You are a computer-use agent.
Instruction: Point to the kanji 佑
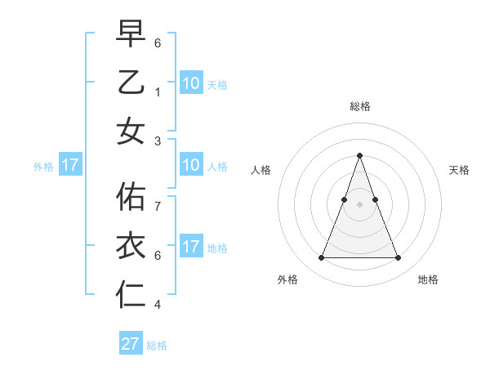click(131, 196)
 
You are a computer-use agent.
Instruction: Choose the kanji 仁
click(131, 294)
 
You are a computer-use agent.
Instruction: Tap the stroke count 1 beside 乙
click(158, 92)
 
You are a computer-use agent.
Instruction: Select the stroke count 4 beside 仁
click(158, 305)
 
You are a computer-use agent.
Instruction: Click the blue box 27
click(131, 344)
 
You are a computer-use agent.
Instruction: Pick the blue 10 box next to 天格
click(190, 83)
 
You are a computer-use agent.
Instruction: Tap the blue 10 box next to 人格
click(190, 166)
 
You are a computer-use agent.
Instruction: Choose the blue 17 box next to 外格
click(70, 166)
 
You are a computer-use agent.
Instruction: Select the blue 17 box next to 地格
click(190, 248)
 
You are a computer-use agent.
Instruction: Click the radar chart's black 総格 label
click(359, 106)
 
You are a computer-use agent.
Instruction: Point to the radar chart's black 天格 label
click(459, 170)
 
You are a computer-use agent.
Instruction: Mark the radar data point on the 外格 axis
click(321, 258)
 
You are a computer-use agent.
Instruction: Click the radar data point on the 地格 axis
click(398, 258)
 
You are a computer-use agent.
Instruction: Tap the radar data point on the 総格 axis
click(359, 155)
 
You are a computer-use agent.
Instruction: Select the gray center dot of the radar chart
click(359, 204)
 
